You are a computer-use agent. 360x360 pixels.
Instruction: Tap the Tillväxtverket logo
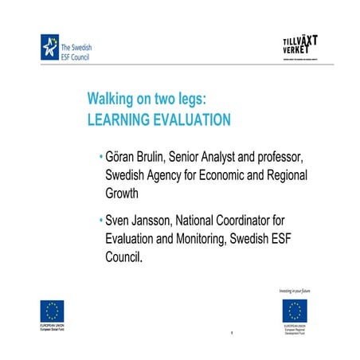(304, 45)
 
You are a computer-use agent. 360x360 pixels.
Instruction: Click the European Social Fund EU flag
(52, 311)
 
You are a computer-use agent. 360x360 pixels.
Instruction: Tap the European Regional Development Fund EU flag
(295, 311)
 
